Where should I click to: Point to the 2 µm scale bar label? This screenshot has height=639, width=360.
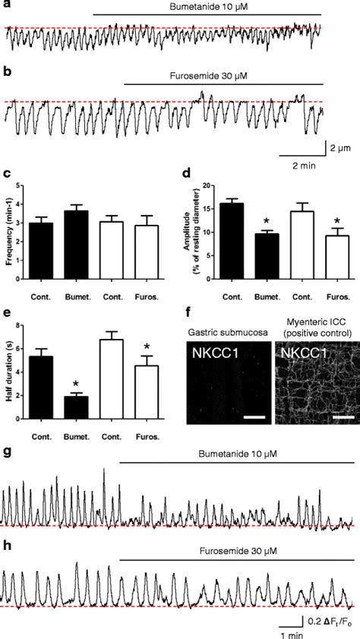point(337,145)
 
